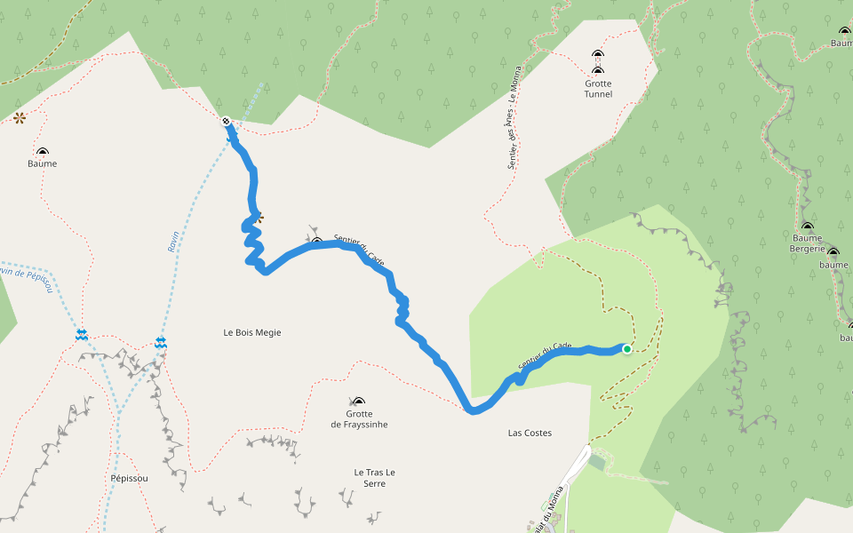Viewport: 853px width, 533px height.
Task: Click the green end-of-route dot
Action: (626, 349)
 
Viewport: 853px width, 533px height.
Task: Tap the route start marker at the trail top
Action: (227, 121)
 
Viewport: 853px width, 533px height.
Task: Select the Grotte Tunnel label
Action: (598, 89)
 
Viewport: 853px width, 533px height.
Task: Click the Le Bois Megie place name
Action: (252, 332)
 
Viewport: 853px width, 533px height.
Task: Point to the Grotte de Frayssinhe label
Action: (359, 419)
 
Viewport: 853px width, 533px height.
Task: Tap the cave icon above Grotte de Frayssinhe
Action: (358, 402)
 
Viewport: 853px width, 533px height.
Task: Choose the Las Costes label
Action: (530, 434)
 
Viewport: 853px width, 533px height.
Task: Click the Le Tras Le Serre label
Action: (374, 477)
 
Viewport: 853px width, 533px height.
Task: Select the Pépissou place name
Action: (129, 478)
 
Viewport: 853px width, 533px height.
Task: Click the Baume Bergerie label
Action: (807, 243)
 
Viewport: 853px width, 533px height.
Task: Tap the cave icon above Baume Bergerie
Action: (807, 227)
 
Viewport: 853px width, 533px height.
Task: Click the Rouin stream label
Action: (173, 242)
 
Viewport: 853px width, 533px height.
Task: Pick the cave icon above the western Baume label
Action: (42, 153)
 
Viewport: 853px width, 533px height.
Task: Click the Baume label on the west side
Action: (42, 163)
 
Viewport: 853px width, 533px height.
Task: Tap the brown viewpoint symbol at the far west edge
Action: (19, 117)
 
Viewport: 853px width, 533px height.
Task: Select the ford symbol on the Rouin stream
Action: (161, 341)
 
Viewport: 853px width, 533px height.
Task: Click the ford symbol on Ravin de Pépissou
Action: (82, 334)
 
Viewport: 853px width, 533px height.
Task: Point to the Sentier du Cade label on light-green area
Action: (545, 356)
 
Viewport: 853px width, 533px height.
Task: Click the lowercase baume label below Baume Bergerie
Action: (833, 265)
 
